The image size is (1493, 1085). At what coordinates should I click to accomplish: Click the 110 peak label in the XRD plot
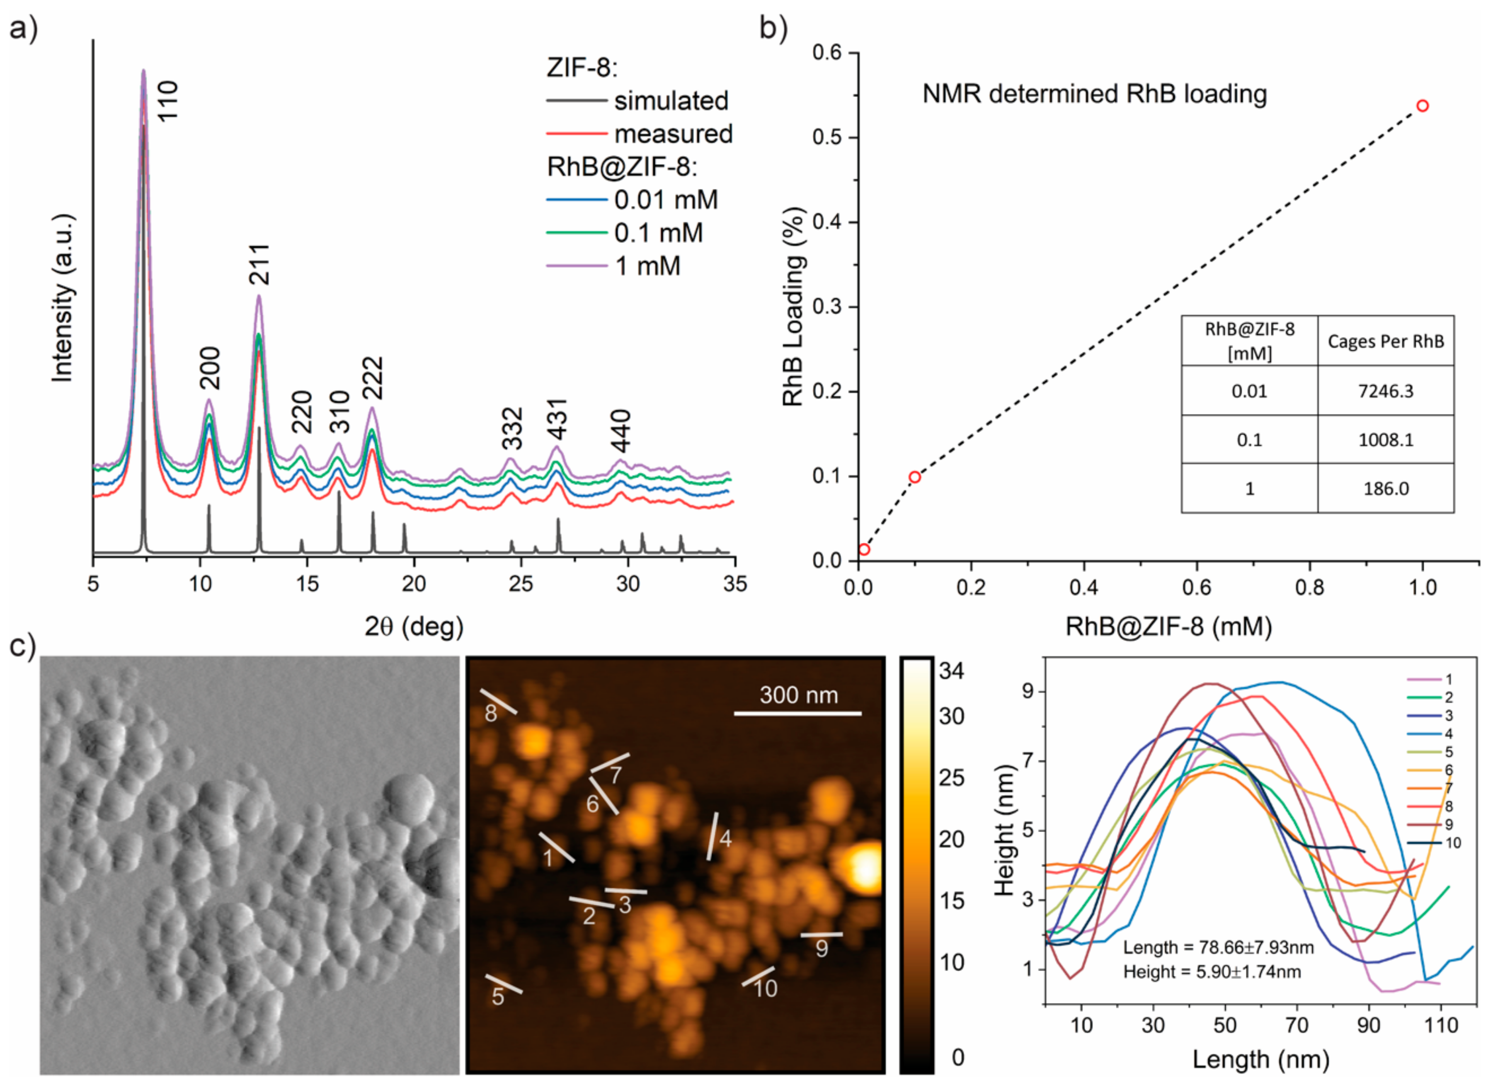(x=168, y=100)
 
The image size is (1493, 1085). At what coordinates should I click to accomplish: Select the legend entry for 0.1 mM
(x=658, y=233)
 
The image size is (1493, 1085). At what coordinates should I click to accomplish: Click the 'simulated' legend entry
(x=671, y=101)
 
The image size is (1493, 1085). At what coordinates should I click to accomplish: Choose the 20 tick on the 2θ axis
(x=413, y=583)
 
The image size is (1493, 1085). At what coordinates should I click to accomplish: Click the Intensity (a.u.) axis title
(x=63, y=298)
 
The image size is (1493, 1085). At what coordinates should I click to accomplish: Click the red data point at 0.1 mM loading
(x=914, y=477)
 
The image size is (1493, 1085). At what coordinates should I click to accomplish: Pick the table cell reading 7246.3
(x=1385, y=391)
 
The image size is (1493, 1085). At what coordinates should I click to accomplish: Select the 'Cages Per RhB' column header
(x=1385, y=341)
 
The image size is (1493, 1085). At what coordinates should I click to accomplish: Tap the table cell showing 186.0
(x=1385, y=489)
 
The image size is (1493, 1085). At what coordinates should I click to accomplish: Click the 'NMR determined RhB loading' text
(x=1094, y=94)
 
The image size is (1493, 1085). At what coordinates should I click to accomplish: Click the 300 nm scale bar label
(x=798, y=695)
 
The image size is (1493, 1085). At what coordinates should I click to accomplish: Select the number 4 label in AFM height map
(x=725, y=838)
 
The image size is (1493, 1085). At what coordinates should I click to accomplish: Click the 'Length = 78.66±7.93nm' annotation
(x=1218, y=947)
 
